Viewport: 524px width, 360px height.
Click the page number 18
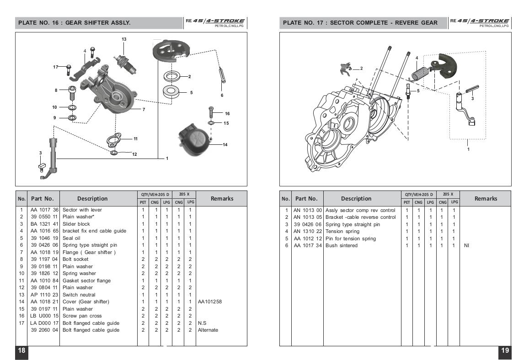[x=21, y=350]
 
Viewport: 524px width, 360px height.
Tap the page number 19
[x=505, y=350]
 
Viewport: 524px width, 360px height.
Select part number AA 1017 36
[x=44, y=210]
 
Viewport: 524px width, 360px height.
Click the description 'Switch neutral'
[x=79, y=295]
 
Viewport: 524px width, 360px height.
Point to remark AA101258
[x=209, y=302]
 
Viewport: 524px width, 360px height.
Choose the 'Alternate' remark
[x=208, y=330]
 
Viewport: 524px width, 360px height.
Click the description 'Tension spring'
[x=342, y=231]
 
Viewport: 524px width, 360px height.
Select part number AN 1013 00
[x=307, y=211]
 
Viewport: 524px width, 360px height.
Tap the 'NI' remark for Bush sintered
[x=466, y=245]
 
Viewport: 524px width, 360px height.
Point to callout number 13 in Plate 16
[x=124, y=39]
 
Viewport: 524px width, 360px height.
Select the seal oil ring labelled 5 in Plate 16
[x=171, y=91]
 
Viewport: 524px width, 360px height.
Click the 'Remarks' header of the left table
[x=222, y=198]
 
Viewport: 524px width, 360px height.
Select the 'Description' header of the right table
[x=356, y=198]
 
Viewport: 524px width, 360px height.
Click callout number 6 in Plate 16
[x=222, y=95]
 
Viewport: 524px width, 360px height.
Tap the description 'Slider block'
[x=76, y=224]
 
